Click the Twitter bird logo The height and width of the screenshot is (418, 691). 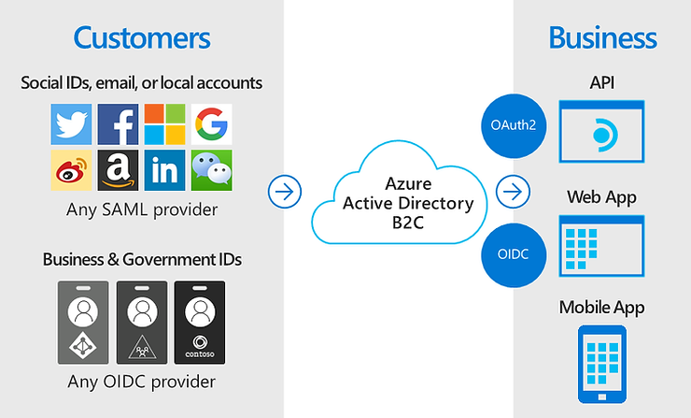pos(72,124)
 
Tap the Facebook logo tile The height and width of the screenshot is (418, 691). pos(119,124)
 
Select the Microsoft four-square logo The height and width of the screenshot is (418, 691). pos(165,124)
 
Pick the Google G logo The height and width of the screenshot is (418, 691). pos(212,124)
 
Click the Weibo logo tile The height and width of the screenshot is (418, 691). pos(72,170)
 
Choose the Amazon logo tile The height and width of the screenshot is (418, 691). pos(119,170)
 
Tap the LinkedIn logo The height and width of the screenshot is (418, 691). pos(165,170)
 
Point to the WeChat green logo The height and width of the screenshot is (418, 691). pos(212,170)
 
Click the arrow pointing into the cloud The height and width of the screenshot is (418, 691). pos(283,193)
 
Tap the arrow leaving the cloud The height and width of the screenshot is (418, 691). pos(512,193)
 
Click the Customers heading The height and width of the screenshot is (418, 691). pos(142,38)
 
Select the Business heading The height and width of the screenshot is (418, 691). pos(602,38)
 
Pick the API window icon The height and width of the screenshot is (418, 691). pos(601,132)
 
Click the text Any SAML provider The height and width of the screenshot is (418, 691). pos(142,209)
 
